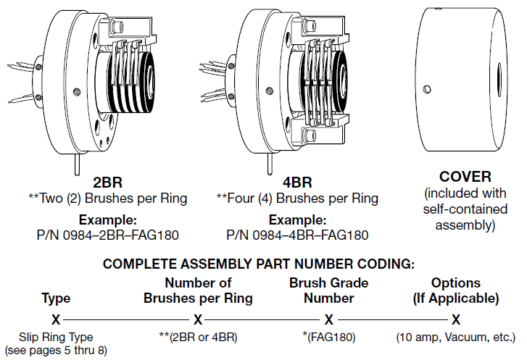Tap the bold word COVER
pos(465,177)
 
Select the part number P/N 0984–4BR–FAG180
pos(297,235)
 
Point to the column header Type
pos(56,297)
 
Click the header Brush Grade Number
pos(328,290)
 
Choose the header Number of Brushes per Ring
pos(198,290)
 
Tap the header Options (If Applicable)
pos(456,290)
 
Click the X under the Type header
pos(56,319)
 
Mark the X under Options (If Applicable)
pos(456,319)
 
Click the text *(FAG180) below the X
pos(328,338)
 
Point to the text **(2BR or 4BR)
pos(198,338)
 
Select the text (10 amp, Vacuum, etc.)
pos(456,338)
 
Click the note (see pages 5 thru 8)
pos(56,350)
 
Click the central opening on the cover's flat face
pos(499,75)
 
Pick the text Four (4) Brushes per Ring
pos(302,198)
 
